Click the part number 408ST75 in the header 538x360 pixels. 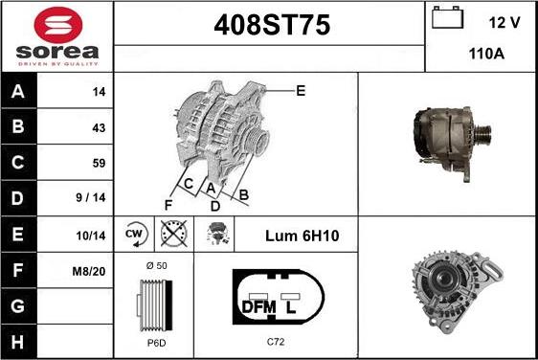click(x=269, y=28)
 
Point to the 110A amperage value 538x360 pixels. click(x=487, y=55)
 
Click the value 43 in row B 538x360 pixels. click(x=98, y=127)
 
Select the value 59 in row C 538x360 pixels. click(x=98, y=163)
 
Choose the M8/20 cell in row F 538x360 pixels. click(x=89, y=271)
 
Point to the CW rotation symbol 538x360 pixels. click(x=135, y=235)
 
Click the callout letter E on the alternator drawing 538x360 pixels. click(x=300, y=91)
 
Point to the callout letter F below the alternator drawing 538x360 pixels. click(x=168, y=204)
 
